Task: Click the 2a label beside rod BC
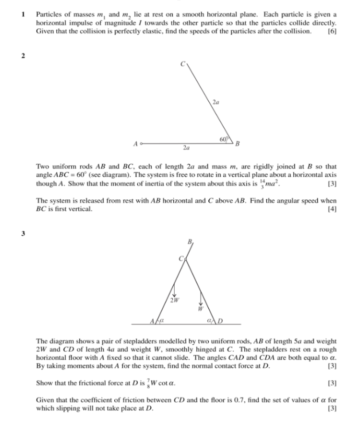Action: click(216, 102)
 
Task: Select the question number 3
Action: click(22, 233)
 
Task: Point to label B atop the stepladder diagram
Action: click(189, 242)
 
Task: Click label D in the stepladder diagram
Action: click(222, 320)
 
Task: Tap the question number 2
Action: click(22, 57)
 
